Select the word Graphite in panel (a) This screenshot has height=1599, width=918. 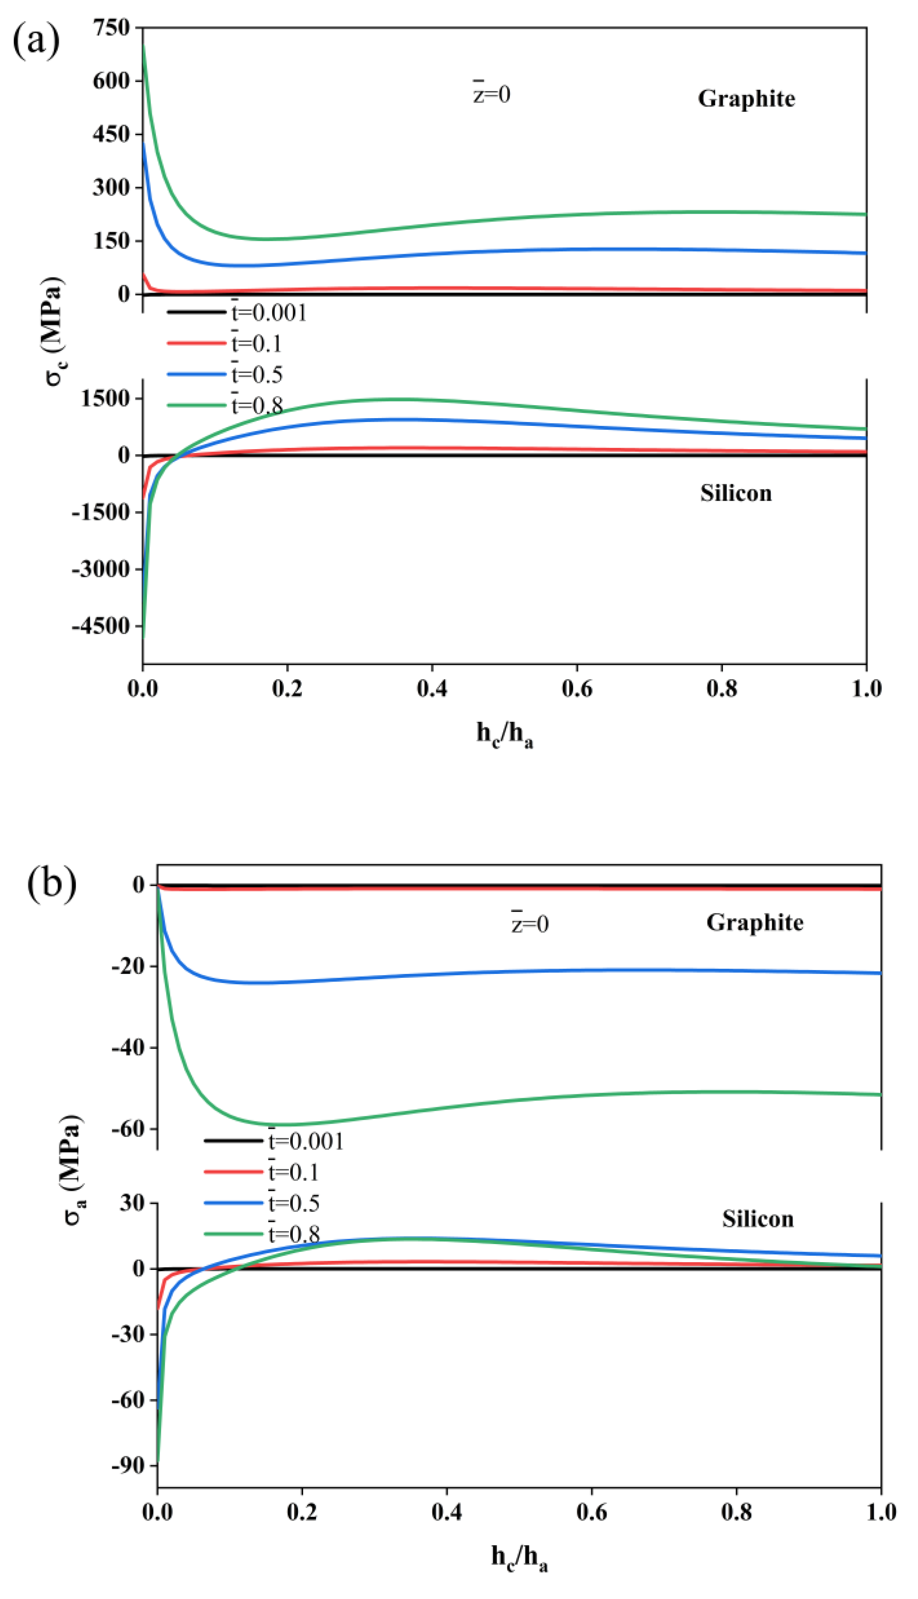point(746,99)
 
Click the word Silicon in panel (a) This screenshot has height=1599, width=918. point(735,493)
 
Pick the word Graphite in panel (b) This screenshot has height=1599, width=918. point(755,923)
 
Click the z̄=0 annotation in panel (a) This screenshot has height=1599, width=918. point(492,94)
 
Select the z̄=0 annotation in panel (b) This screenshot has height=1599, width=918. point(530,924)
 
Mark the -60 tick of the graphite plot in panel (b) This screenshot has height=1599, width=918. point(128,1128)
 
